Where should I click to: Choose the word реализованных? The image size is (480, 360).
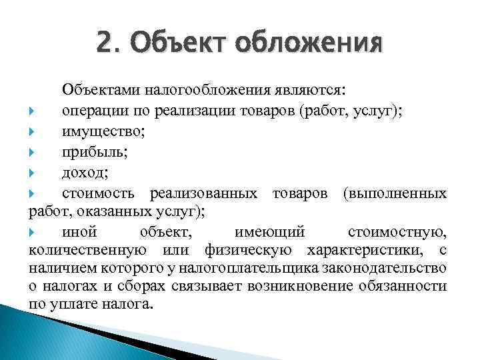204,194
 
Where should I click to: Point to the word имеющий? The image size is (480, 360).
270,232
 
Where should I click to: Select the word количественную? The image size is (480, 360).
87,251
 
